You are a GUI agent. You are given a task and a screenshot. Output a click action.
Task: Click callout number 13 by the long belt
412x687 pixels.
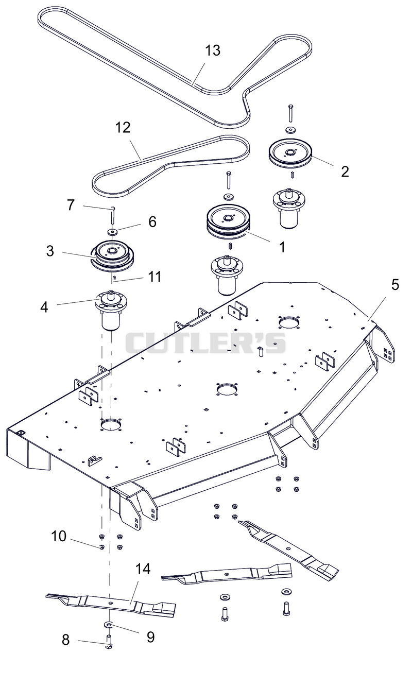coord(213,50)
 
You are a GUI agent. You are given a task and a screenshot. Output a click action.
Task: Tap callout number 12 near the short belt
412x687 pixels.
coord(123,128)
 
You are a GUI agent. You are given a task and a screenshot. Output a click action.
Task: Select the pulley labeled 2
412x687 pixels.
coord(290,154)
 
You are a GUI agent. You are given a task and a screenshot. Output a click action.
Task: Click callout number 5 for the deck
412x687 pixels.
coord(395,285)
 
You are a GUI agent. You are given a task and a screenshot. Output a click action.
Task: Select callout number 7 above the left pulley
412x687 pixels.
coord(71,205)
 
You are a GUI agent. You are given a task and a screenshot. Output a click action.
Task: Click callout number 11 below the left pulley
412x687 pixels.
coord(154,277)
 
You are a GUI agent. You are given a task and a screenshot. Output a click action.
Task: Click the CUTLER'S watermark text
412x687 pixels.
coord(205,343)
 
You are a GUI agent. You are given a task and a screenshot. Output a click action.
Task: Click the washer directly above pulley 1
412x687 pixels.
coord(228,196)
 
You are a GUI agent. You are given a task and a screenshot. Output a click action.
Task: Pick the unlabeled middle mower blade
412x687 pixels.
coord(227,572)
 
